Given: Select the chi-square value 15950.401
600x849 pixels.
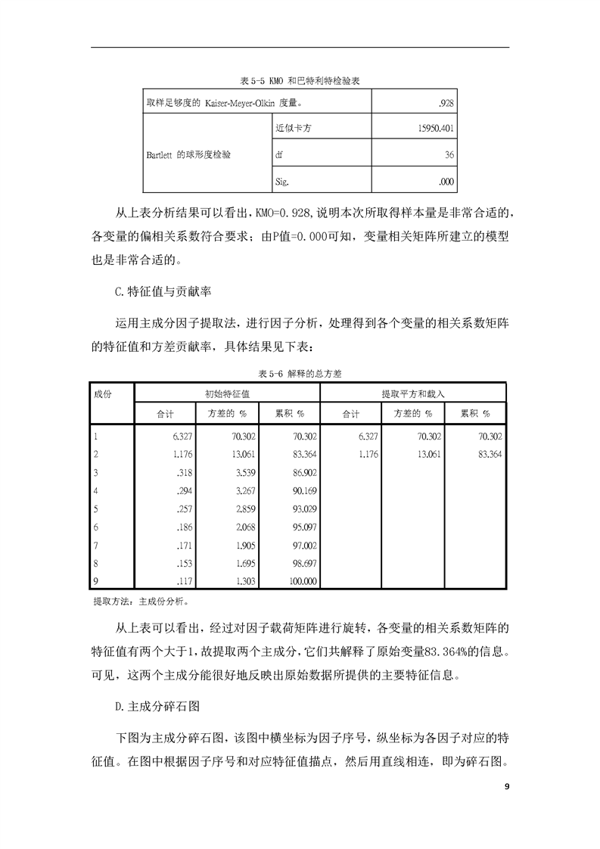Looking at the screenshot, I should pyautogui.click(x=434, y=128).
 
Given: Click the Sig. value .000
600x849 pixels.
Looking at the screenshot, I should pyautogui.click(x=446, y=182).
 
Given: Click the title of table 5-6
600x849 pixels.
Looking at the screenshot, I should pyautogui.click(x=300, y=374).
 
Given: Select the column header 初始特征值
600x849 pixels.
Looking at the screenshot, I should pyautogui.click(x=228, y=394).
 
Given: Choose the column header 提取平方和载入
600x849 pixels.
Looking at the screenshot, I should pyautogui.click(x=413, y=394).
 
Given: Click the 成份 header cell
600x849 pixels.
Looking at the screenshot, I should pyautogui.click(x=103, y=394).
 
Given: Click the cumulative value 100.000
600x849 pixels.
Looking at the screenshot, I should pyautogui.click(x=300, y=581).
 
